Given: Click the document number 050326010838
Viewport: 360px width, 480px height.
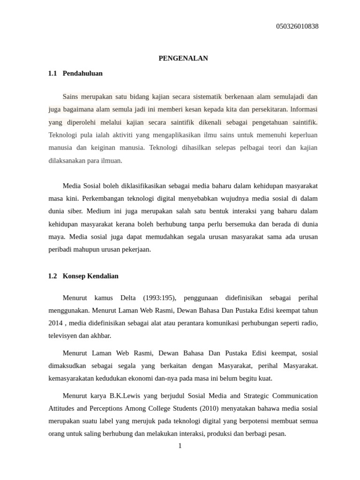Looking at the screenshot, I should tap(297, 26).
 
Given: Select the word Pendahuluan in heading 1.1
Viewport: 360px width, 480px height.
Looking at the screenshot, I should tap(82, 73).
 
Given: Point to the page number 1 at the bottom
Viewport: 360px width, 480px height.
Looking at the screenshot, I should tap(180, 446).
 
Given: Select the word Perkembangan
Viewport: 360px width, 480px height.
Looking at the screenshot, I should tap(103, 198).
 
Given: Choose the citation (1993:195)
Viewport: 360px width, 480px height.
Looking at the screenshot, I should tap(159, 298).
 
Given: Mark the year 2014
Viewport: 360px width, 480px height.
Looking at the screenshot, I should tap(55, 323).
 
